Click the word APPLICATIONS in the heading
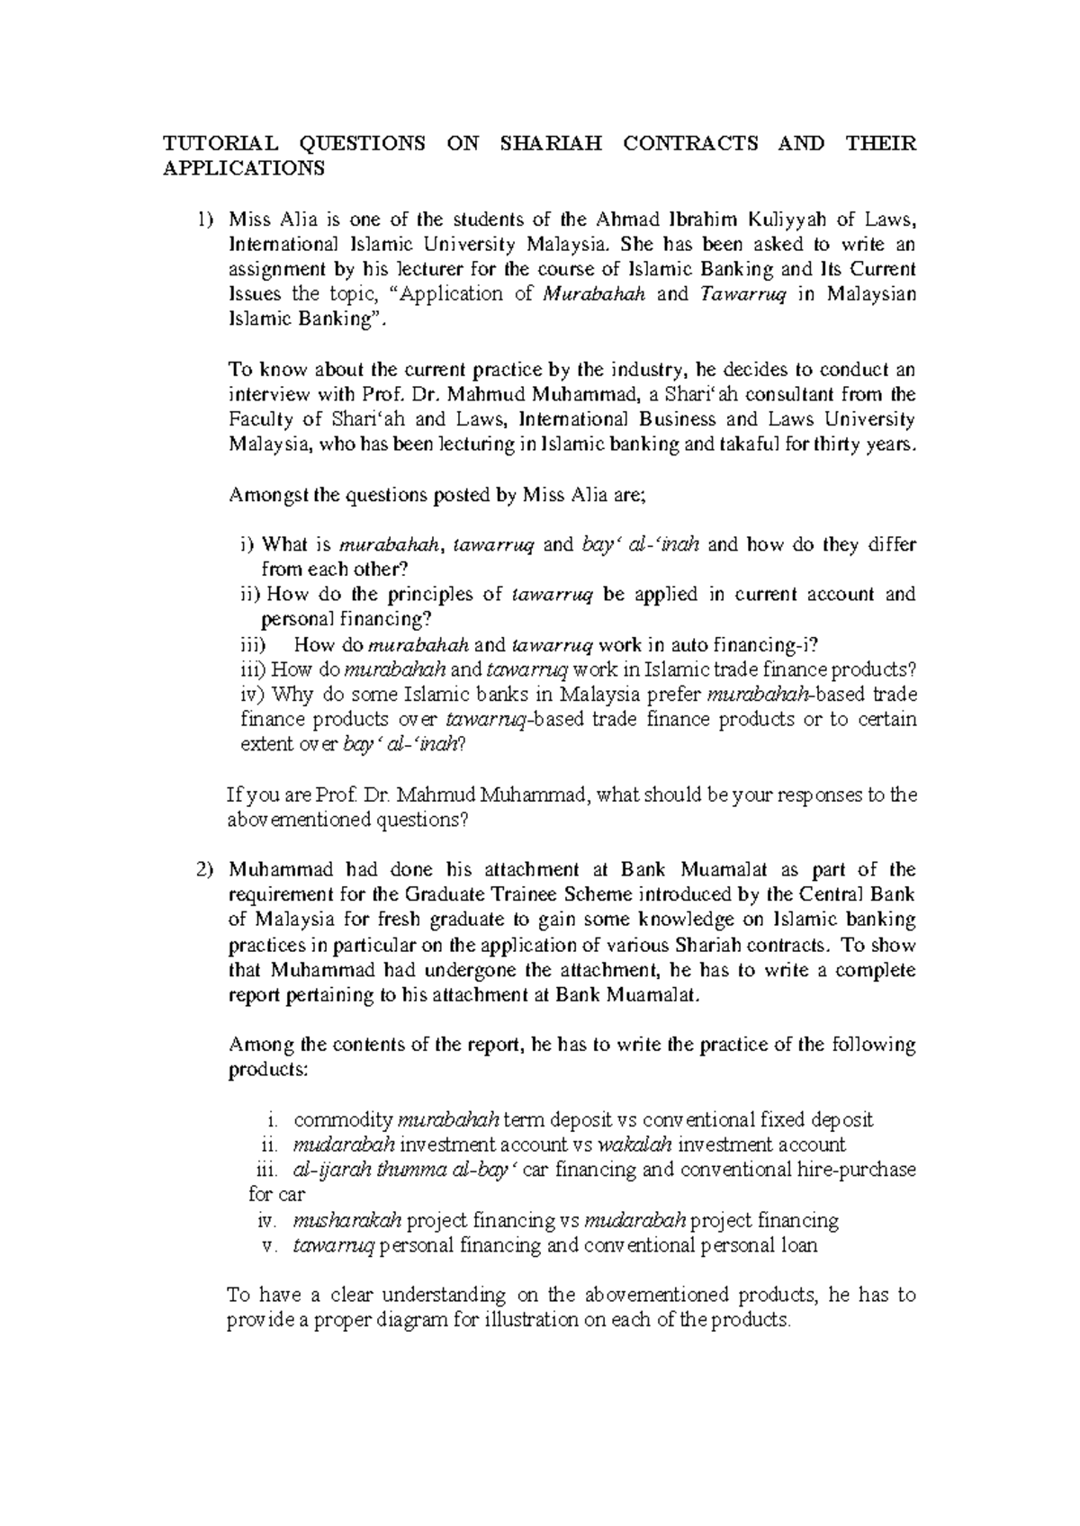(241, 168)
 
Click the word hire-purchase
(858, 1170)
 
